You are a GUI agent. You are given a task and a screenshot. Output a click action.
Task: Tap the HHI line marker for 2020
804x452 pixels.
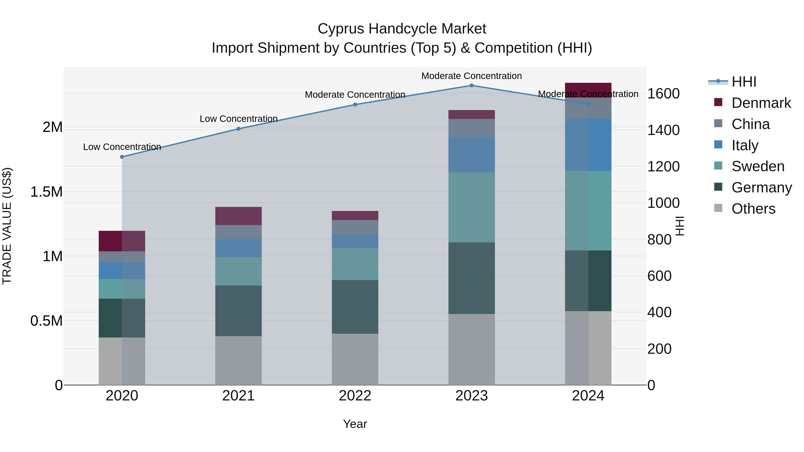tap(122, 157)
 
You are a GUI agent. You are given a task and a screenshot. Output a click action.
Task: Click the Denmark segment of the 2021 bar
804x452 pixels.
tap(239, 216)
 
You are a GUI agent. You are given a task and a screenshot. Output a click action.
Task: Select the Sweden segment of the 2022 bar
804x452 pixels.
tap(355, 264)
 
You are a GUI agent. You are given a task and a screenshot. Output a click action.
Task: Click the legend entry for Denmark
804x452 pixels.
tap(761, 103)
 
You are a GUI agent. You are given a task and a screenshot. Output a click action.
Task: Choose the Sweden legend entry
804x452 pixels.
tap(758, 166)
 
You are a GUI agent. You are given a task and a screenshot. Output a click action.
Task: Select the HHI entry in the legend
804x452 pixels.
tap(744, 82)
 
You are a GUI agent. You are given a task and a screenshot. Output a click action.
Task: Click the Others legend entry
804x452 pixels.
tap(753, 209)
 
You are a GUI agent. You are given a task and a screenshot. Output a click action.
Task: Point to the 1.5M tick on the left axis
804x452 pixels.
tap(46, 192)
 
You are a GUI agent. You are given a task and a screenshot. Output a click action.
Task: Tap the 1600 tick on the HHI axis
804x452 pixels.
tap(663, 94)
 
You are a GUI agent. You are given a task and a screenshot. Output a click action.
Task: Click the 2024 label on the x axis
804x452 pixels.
tap(588, 396)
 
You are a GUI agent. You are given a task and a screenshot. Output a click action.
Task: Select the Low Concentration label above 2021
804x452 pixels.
tap(239, 119)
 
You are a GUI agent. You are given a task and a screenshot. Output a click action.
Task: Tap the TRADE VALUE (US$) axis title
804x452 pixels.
tap(7, 226)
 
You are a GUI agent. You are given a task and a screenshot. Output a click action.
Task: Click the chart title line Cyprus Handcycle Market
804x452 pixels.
tap(402, 29)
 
